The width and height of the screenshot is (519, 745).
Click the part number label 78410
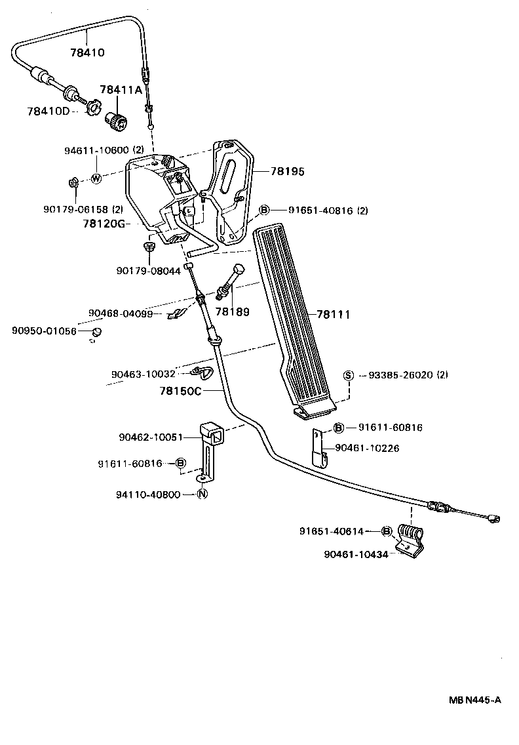click(x=87, y=52)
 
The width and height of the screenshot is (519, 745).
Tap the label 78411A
click(x=121, y=90)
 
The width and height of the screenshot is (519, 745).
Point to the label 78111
click(x=333, y=315)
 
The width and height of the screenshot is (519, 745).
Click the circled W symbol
click(x=96, y=178)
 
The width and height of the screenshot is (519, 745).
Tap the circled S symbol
click(x=349, y=375)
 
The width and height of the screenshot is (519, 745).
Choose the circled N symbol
click(x=202, y=494)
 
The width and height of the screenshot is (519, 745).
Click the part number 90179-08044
click(x=148, y=270)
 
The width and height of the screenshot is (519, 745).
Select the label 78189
click(x=233, y=312)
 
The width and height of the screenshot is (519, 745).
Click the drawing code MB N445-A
click(x=475, y=700)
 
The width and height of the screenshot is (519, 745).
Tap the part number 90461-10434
click(x=356, y=554)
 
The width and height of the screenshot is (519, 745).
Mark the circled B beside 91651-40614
click(x=387, y=531)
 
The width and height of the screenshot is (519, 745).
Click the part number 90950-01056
click(x=44, y=331)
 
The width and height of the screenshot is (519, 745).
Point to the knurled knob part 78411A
click(x=119, y=121)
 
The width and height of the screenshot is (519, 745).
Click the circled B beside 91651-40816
click(x=264, y=211)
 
